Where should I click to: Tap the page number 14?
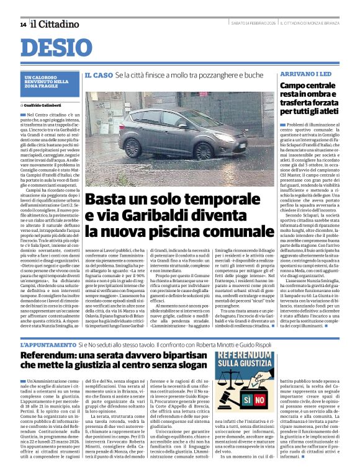23,24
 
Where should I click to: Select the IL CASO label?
98,75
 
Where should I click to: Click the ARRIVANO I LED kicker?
297,74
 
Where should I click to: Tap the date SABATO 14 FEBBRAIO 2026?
253,24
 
